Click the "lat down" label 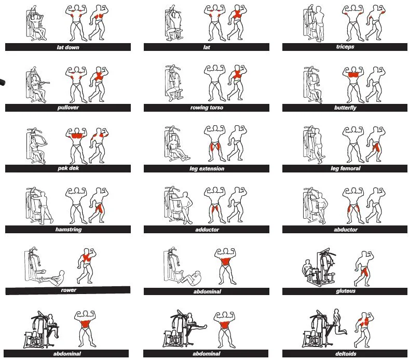pyautogui.click(x=68, y=47)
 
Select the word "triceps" pyautogui.click(x=345, y=47)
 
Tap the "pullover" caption pyautogui.click(x=68, y=108)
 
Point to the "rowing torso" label pyautogui.click(x=207, y=108)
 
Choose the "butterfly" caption pyautogui.click(x=345, y=108)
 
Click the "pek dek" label pyautogui.click(x=68, y=168)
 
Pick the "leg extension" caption pyautogui.click(x=207, y=169)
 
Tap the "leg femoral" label pyautogui.click(x=345, y=168)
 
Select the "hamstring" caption pyautogui.click(x=69, y=230)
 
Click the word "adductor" pyautogui.click(x=207, y=230)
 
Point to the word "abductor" pyautogui.click(x=345, y=230)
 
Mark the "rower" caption pyautogui.click(x=69, y=290)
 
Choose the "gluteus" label pyautogui.click(x=345, y=291)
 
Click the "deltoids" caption pyautogui.click(x=346, y=354)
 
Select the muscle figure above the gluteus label pyautogui.click(x=364, y=269)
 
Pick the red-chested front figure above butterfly pyautogui.click(x=353, y=84)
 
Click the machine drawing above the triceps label pyautogui.click(x=314, y=23)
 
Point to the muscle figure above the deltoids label pyautogui.click(x=364, y=330)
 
